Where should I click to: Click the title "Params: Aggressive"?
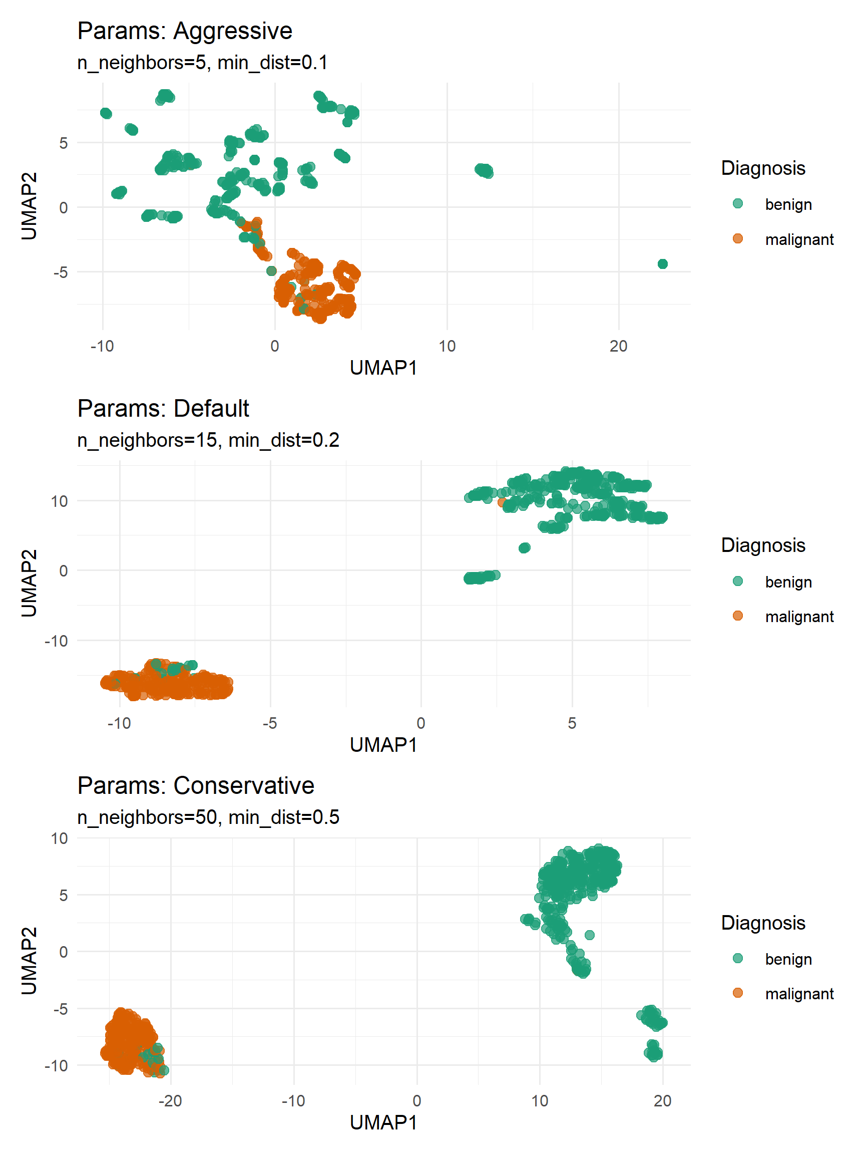(x=185, y=31)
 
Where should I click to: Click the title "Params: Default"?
(x=163, y=408)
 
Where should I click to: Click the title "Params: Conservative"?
(x=196, y=785)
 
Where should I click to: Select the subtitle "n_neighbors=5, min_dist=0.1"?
(x=202, y=63)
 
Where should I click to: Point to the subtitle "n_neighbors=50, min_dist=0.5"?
(x=208, y=817)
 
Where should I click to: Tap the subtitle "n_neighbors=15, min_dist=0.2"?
(x=208, y=440)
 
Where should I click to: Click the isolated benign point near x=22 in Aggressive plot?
(x=662, y=264)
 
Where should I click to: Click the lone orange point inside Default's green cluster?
(x=502, y=502)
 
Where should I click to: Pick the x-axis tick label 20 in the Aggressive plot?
(x=618, y=346)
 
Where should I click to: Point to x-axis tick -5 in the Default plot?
(x=270, y=723)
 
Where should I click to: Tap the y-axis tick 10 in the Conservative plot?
(x=60, y=838)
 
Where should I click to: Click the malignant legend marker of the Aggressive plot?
(x=737, y=239)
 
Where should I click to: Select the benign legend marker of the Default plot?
(x=737, y=581)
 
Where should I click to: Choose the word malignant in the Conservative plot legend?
(x=799, y=994)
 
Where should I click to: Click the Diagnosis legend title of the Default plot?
(x=763, y=545)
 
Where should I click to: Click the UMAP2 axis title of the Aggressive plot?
(x=29, y=206)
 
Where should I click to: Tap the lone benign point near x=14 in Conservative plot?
(x=589, y=935)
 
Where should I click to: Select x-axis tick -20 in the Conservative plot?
(x=170, y=1101)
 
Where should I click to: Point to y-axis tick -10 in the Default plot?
(x=56, y=641)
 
